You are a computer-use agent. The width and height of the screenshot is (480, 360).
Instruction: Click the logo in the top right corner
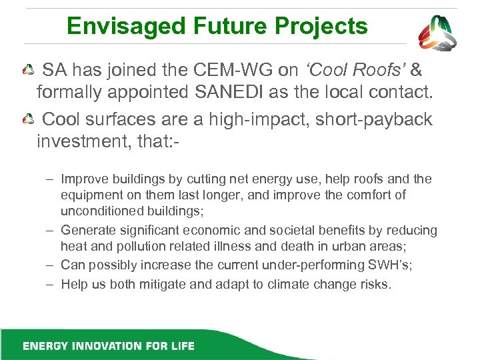click(437, 33)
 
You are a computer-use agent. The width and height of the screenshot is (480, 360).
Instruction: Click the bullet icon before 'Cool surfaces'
click(27, 121)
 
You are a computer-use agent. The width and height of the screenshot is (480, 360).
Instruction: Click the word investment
click(91, 143)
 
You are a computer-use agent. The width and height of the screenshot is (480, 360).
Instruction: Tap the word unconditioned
click(100, 211)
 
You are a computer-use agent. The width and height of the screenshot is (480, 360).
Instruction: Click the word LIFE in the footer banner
click(182, 346)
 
